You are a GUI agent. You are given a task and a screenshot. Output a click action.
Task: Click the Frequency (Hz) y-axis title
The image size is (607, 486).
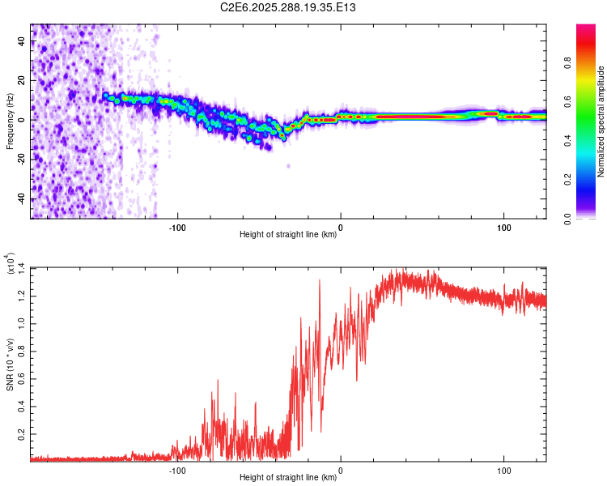(10, 121)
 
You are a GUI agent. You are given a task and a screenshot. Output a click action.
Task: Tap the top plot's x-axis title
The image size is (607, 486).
(288, 234)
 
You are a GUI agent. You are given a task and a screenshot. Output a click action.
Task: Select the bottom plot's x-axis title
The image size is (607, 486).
(288, 477)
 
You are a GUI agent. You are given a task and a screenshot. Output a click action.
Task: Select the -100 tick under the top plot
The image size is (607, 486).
(177, 226)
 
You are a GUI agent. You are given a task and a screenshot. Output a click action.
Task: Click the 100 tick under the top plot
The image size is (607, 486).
(504, 226)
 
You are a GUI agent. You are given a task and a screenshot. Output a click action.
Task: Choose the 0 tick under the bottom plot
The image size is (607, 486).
(341, 469)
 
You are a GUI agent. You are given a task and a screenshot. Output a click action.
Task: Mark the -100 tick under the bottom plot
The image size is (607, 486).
(177, 469)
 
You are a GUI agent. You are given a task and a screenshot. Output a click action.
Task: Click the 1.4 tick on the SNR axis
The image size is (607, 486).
(22, 267)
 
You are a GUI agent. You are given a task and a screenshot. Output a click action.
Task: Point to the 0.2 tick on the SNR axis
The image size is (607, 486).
(22, 434)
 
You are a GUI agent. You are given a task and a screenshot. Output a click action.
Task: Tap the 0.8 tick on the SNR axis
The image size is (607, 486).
(22, 351)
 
